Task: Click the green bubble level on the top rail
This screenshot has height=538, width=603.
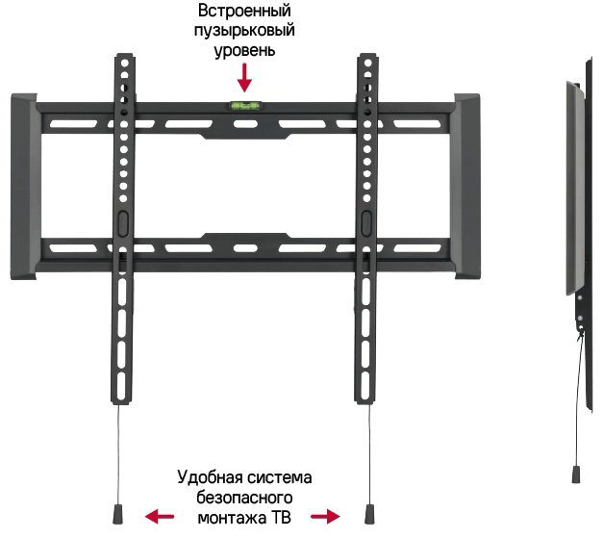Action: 245,105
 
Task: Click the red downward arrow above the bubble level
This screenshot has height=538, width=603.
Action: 244,78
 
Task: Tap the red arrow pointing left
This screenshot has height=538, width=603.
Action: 160,516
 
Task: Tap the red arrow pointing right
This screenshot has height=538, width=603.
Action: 325,516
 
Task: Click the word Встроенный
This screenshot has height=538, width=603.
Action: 244,11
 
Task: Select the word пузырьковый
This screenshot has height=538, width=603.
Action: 244,31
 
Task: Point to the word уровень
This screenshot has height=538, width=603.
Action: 244,51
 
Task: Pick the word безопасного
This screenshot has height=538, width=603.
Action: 244,498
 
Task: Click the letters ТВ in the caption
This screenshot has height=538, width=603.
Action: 281,518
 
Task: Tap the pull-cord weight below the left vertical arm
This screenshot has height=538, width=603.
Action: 117,515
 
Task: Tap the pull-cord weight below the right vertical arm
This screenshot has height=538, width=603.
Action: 369,515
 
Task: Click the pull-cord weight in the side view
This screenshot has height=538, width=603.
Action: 576,474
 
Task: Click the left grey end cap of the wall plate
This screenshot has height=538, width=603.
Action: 25,187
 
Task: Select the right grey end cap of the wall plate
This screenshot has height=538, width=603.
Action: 465,187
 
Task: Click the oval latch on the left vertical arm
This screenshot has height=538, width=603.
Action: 123,223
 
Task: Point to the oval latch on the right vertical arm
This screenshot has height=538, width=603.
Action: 366,223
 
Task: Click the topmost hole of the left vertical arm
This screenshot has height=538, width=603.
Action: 125,63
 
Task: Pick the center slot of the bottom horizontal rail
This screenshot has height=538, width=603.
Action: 245,248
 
